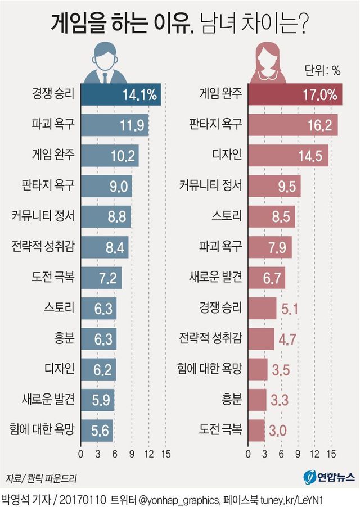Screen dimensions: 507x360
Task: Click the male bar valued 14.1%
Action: tap(121, 94)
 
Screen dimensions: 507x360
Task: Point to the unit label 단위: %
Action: tap(322, 71)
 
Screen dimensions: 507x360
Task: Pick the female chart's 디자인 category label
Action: tap(227, 155)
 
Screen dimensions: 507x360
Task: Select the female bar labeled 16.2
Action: tap(293, 125)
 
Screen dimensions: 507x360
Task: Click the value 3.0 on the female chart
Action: tap(278, 431)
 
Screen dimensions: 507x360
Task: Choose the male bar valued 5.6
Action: tap(97, 431)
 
